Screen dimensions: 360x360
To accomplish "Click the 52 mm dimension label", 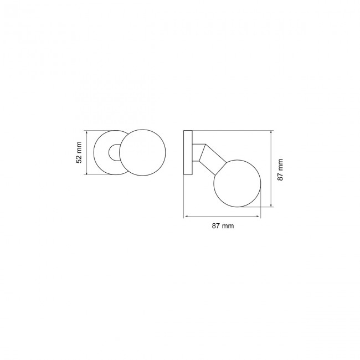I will click(x=79, y=153).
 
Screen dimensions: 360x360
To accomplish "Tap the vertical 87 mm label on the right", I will click(x=281, y=169).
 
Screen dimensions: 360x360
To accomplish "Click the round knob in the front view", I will click(x=143, y=153).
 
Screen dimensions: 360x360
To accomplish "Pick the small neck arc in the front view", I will click(x=113, y=153).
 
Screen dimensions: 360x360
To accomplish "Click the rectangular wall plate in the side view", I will click(x=188, y=153).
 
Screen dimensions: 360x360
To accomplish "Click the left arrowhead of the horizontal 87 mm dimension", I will click(x=186, y=216).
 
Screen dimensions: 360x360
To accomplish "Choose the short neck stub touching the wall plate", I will click(x=195, y=153).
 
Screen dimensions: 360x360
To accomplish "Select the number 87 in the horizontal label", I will click(x=216, y=225).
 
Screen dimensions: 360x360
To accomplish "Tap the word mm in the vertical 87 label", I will click(x=281, y=164).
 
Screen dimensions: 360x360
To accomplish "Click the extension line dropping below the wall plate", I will click(x=185, y=197).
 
